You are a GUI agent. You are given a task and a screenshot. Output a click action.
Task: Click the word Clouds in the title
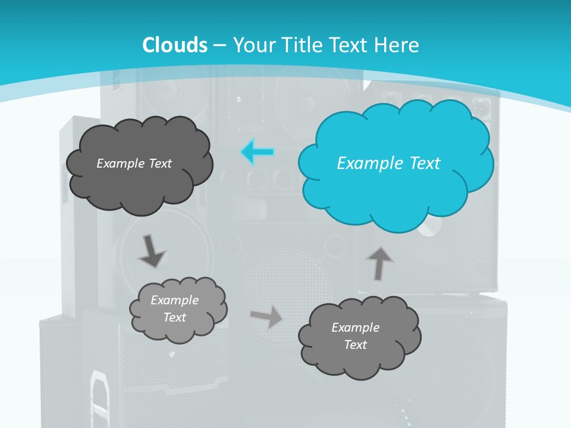click(x=175, y=45)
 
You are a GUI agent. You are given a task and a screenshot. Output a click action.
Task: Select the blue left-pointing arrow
click(x=257, y=152)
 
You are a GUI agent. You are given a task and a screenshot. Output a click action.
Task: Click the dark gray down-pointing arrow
click(x=151, y=251)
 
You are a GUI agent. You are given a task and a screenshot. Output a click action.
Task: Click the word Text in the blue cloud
click(x=425, y=163)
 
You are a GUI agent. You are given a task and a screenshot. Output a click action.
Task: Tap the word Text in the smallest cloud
click(x=174, y=317)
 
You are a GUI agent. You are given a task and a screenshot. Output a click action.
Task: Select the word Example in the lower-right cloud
click(x=355, y=328)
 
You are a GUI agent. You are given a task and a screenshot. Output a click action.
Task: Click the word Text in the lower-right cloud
click(x=355, y=345)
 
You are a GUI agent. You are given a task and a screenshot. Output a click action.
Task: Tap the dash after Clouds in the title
click(x=219, y=45)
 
